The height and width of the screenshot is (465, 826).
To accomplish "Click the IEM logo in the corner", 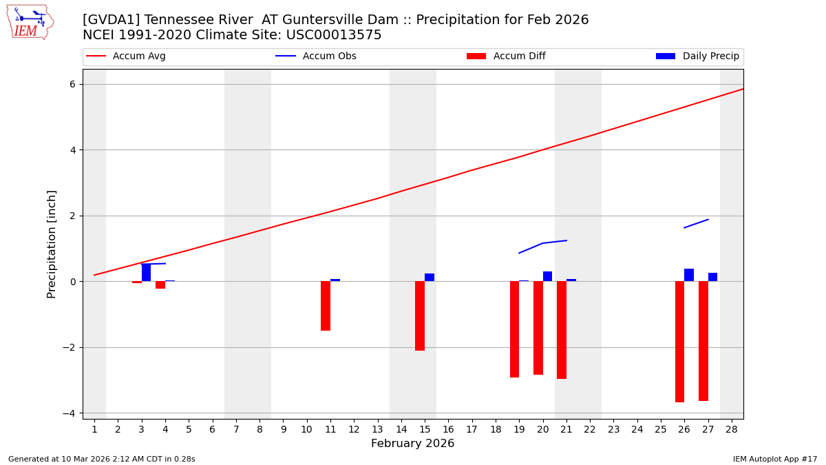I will [x=30, y=21].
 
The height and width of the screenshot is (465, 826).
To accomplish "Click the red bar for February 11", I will [x=326, y=306].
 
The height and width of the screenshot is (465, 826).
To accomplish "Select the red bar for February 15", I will [x=420, y=316].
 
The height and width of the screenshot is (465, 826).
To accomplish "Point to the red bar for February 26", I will [x=679, y=342].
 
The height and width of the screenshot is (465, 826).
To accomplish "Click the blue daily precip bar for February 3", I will [x=146, y=273].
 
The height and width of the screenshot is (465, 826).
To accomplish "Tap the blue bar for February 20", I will [x=547, y=276].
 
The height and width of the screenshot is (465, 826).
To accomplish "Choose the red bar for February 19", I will [x=514, y=329].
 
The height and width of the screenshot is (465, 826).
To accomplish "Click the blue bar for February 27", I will [x=712, y=277].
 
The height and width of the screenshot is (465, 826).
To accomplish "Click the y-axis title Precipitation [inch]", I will [x=52, y=244].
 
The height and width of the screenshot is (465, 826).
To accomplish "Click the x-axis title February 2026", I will [x=412, y=444].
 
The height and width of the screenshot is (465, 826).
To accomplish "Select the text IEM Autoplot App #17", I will [x=774, y=459].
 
